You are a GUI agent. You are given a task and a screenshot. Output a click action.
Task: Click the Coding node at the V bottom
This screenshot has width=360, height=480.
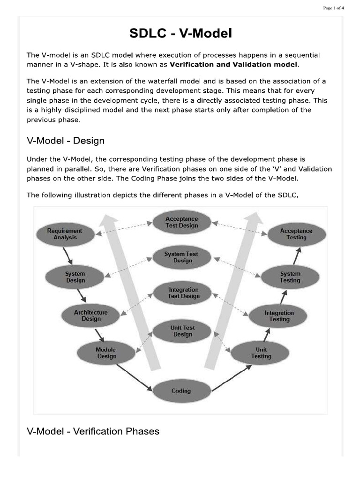181,391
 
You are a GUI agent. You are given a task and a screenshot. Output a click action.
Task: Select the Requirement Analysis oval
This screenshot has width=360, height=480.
65,234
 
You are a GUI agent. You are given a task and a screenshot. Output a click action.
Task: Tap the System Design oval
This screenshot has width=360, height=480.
75,277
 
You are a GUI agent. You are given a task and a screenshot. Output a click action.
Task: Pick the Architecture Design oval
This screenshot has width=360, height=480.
91,315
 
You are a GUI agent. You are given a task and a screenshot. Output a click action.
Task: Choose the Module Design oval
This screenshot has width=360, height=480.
106,352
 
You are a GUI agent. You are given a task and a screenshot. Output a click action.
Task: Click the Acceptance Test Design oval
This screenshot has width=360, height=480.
181,222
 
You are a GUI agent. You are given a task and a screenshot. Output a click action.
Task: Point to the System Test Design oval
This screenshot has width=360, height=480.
181,257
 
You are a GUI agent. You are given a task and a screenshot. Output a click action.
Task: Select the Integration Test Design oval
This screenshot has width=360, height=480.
183,292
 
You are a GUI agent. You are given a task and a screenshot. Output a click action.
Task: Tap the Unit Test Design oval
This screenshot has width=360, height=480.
182,331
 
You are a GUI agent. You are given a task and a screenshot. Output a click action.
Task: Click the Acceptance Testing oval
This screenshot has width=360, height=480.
296,234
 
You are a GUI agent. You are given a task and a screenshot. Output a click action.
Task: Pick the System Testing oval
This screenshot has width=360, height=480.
290,277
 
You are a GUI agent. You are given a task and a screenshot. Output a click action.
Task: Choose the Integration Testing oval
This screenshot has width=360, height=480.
279,316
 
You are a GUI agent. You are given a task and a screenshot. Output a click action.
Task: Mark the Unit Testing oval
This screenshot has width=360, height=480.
261,353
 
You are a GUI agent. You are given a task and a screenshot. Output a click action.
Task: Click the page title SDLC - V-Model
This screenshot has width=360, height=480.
180,34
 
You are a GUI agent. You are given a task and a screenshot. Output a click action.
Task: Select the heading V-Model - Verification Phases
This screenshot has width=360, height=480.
93,431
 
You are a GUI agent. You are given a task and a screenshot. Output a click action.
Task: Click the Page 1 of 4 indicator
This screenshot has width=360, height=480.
333,7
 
